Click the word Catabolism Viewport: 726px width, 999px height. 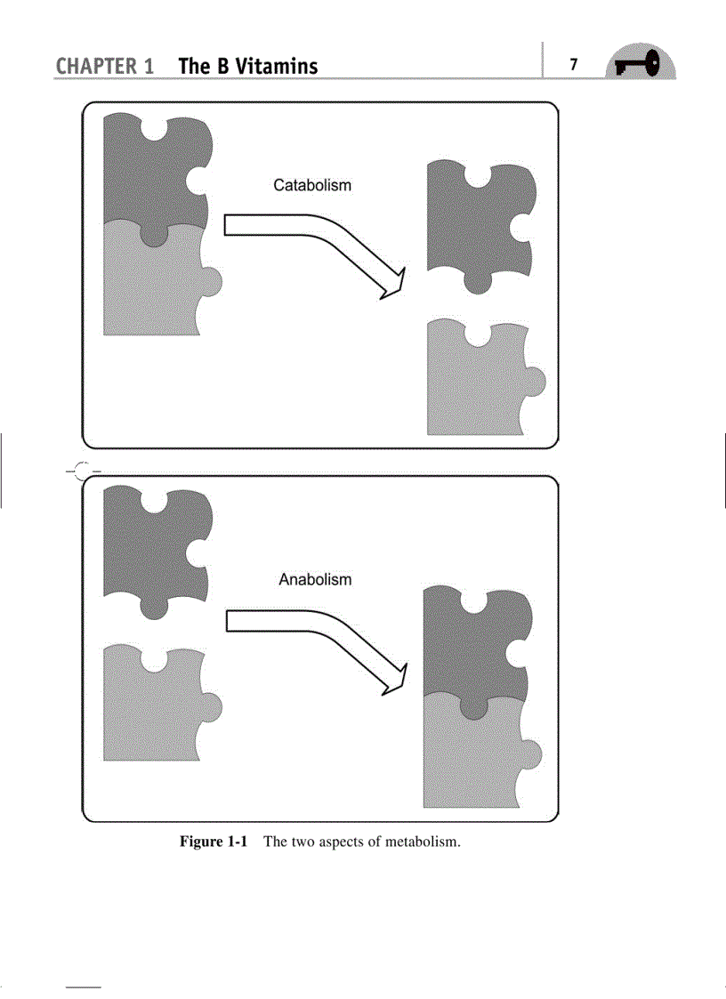tap(312, 185)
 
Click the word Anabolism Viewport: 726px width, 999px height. tap(315, 580)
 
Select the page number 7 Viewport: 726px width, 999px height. tap(574, 64)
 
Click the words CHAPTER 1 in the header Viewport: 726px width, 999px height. tap(105, 66)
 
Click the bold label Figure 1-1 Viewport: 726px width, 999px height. tap(213, 841)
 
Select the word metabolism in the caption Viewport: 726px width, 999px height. tap(422, 842)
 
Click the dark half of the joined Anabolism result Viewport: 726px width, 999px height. tap(475, 643)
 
